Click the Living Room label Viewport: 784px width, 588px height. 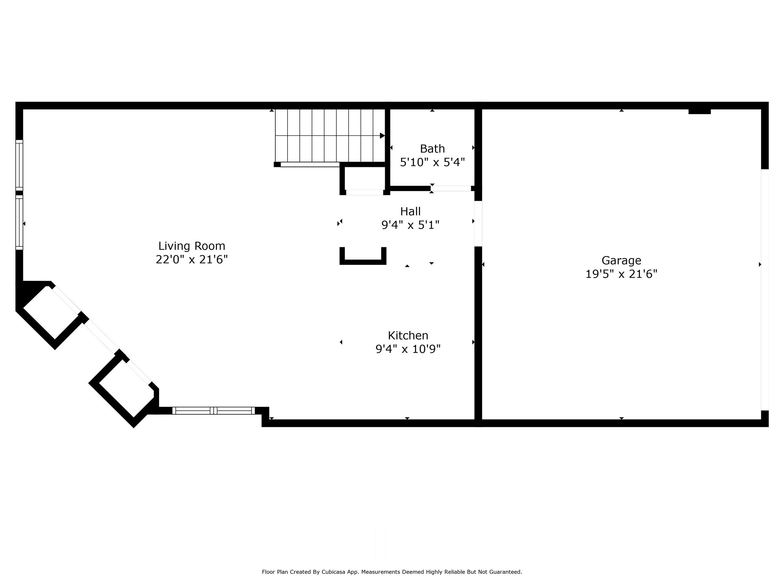click(191, 246)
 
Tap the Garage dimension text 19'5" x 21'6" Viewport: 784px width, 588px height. click(621, 274)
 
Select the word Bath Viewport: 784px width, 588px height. click(432, 149)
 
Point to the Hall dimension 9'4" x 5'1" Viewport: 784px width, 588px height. click(410, 225)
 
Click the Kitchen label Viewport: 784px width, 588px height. click(408, 335)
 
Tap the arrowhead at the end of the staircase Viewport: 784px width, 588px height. click(382, 136)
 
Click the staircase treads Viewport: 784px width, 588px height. click(329, 136)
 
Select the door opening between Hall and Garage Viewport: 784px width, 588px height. click(478, 224)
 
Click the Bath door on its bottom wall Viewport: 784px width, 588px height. click(451, 188)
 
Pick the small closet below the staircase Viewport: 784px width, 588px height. click(364, 178)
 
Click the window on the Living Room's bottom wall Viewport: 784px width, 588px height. click(213, 410)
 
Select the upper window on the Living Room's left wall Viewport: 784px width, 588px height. click(19, 165)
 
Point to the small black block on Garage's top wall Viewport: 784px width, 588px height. click(699, 111)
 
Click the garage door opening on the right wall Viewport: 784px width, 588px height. click(764, 289)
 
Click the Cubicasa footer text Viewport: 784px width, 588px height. click(392, 572)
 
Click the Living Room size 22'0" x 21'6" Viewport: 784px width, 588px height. click(191, 260)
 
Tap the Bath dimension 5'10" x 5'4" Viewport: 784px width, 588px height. click(432, 162)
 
